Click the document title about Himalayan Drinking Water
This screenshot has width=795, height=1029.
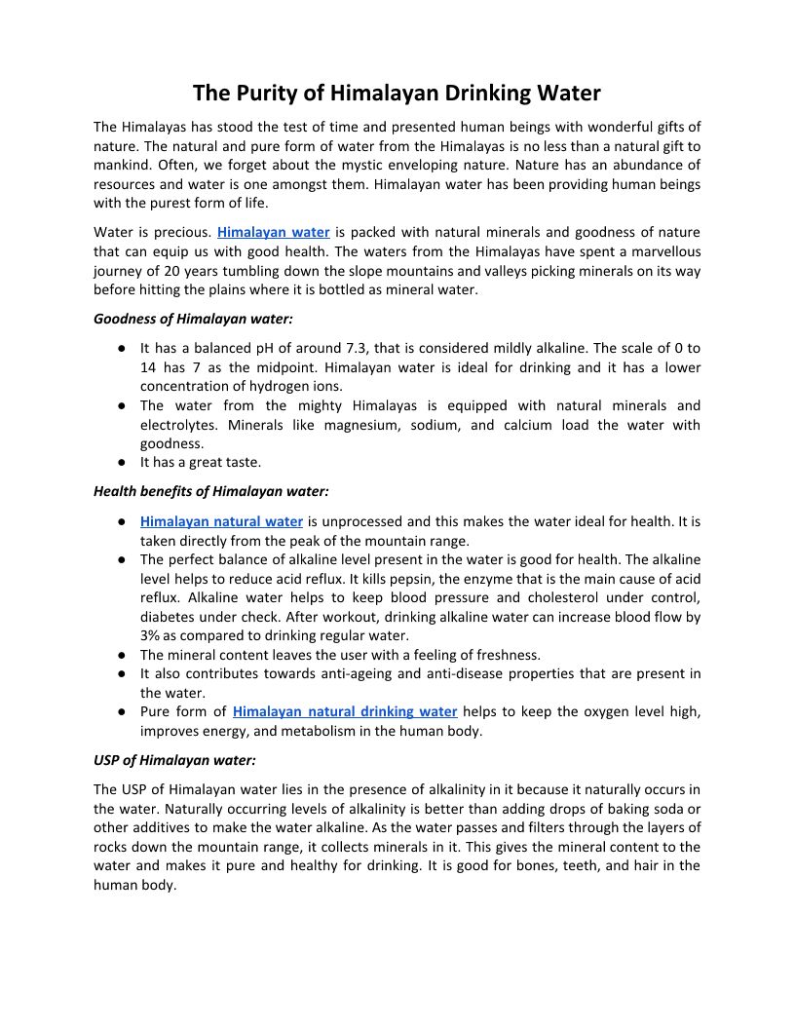pos(397,94)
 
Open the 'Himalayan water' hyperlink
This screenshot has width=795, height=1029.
pos(274,233)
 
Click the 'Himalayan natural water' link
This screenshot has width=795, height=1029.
pos(221,522)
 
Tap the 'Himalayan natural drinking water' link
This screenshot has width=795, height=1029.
pos(345,712)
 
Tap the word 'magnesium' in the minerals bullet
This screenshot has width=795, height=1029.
pos(359,425)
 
